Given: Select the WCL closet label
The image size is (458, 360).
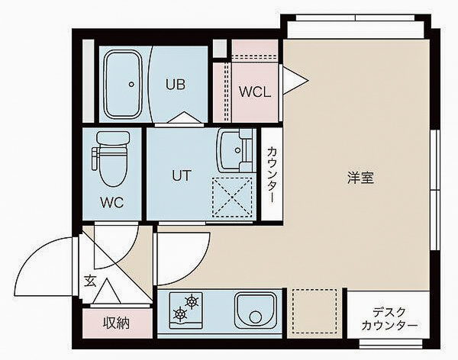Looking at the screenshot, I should [254, 92].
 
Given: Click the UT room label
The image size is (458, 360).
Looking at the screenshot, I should [180, 175].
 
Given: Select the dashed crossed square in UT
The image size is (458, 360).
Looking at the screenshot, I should [232, 197].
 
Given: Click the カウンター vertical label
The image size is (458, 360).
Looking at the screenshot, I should [272, 175].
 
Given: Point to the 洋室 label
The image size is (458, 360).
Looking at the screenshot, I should [360, 178].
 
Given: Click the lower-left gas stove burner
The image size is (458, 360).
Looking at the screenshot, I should [181, 313].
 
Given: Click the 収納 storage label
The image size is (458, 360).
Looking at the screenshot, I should [116, 323].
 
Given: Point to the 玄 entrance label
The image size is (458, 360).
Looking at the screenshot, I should [89, 281].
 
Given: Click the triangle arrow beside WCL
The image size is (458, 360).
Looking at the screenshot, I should [295, 79].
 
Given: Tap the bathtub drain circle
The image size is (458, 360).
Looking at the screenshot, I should [131, 84].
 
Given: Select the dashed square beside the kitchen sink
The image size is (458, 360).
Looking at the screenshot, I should [315, 311].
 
